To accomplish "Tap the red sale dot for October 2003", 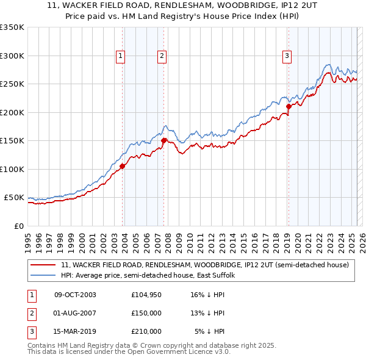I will coord(123,165).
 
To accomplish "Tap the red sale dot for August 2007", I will coord(163,140).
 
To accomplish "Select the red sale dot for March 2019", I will coord(289,107).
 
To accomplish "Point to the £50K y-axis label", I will coord(15,198).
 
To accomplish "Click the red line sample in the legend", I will coord(43,265).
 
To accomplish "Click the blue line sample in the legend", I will coord(43,275).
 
